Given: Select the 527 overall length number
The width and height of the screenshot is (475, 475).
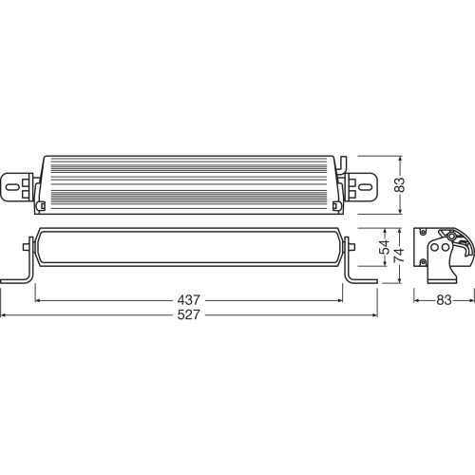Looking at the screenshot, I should pos(189,315).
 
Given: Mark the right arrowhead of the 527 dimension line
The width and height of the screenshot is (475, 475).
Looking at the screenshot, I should pos(375,315).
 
